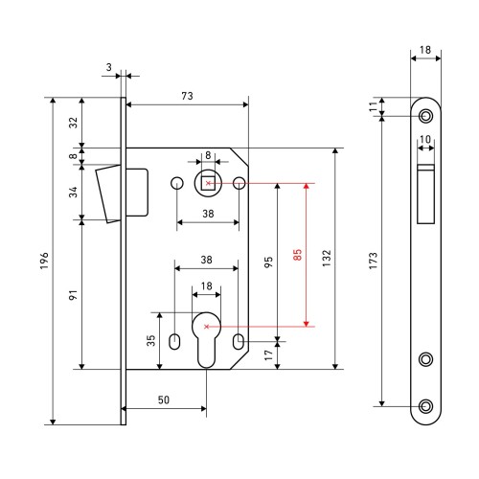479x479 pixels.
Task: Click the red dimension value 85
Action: coord(297,255)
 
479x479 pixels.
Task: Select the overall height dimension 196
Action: coord(44,261)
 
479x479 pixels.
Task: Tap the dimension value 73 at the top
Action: coord(187,96)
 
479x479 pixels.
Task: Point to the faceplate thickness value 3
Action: coord(109,67)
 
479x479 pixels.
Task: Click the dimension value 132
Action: coord(327,259)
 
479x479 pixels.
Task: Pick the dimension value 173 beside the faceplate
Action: coord(373,261)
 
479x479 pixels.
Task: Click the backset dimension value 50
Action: coord(164,399)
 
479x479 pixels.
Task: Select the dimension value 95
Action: coord(268,262)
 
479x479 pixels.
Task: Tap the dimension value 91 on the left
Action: coord(73,295)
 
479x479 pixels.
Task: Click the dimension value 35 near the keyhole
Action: coord(150,340)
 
